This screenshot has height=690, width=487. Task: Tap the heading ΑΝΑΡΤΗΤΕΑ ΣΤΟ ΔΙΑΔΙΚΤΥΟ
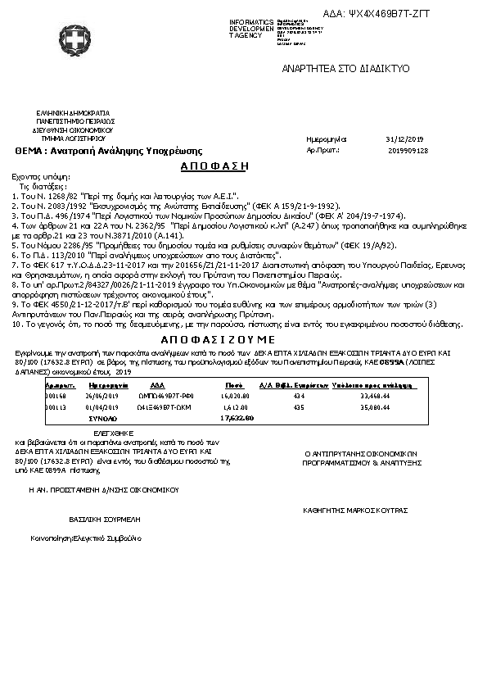[345, 68]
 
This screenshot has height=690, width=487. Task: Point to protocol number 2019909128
[408, 151]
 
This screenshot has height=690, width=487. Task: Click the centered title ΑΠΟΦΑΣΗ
[214, 166]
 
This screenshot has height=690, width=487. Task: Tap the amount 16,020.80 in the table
[235, 394]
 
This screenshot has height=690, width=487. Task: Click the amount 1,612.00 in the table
[236, 406]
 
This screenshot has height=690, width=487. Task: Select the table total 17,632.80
[237, 418]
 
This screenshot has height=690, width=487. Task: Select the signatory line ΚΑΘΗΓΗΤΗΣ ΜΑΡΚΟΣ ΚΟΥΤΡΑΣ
[354, 510]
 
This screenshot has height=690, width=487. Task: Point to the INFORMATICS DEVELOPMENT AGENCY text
[253, 28]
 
